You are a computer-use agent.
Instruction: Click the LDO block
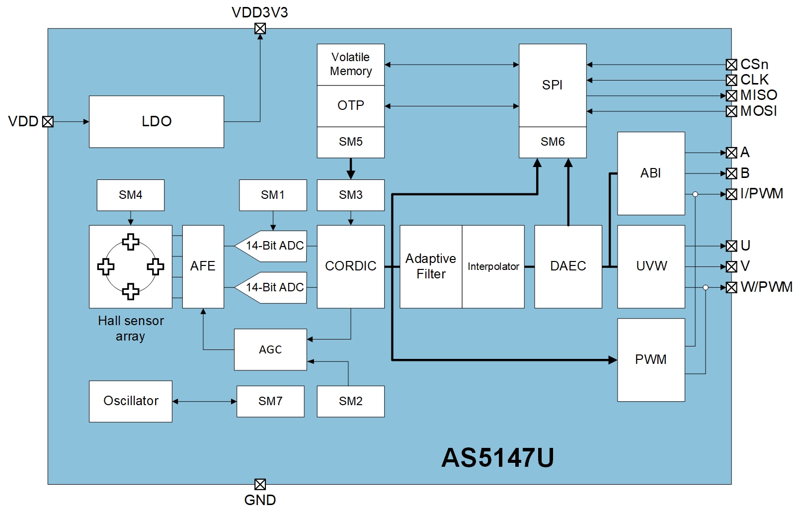pyautogui.click(x=156, y=121)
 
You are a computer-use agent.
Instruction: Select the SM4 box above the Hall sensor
pyautogui.click(x=130, y=195)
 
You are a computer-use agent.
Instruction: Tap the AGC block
pyautogui.click(x=270, y=349)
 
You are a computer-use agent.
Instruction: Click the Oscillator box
pyautogui.click(x=130, y=401)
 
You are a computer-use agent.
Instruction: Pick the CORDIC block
pyautogui.click(x=350, y=266)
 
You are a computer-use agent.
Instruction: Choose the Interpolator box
pyautogui.click(x=493, y=266)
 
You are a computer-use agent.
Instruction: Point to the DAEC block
pyautogui.click(x=567, y=266)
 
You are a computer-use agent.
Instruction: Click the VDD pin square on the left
pyautogui.click(x=48, y=121)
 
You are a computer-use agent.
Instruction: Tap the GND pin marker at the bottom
pyautogui.click(x=260, y=484)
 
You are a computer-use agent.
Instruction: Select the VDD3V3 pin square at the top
pyautogui.click(x=260, y=28)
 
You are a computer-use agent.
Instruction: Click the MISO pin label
pyautogui.click(x=758, y=95)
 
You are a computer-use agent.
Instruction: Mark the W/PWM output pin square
pyautogui.click(x=731, y=287)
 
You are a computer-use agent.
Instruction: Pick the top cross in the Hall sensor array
pyautogui.click(x=131, y=242)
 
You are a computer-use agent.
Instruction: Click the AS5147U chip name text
pyautogui.click(x=497, y=457)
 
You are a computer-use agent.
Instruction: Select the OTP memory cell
pyautogui.click(x=350, y=105)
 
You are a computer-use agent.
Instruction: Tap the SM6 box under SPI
pyautogui.click(x=552, y=142)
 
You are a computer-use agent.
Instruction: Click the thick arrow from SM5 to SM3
pyautogui.click(x=351, y=169)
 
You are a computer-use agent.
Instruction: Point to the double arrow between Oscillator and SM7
pyautogui.click(x=204, y=401)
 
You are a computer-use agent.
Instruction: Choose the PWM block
pyautogui.click(x=650, y=359)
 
